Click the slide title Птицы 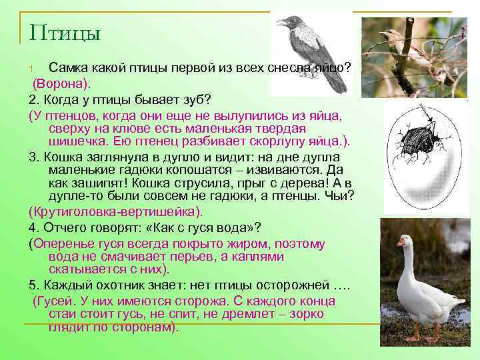coord(65,33)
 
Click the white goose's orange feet coord(417,338)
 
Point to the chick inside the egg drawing coord(420,140)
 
